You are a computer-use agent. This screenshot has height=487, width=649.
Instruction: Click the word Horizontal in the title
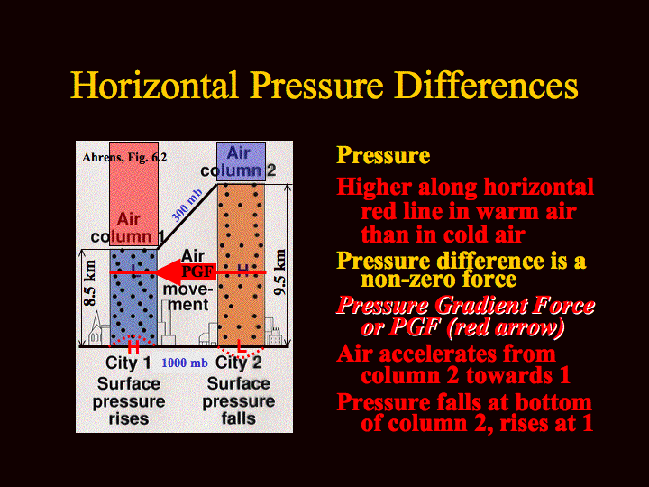154,86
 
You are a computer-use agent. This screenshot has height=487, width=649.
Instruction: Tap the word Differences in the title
486,86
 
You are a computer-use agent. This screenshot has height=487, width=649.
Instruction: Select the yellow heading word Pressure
383,156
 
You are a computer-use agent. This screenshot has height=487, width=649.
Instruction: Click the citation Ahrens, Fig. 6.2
124,157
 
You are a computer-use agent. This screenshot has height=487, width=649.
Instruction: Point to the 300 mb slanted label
187,206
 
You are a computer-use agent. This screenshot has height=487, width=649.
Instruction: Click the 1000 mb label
185,363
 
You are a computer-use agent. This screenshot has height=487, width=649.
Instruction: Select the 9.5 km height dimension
279,271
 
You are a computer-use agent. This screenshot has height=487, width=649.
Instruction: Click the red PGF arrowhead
168,272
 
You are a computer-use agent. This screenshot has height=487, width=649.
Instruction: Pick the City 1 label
128,363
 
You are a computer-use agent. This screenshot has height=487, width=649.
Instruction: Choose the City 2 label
239,363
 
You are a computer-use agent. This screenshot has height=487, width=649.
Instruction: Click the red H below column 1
133,346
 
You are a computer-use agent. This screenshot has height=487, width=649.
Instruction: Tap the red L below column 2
241,346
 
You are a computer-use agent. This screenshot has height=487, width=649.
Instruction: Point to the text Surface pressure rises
129,400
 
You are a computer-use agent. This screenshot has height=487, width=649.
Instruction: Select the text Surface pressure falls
238,400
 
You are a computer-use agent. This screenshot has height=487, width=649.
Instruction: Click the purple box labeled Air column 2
241,162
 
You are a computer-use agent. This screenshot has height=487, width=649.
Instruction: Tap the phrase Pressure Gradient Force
466,306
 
